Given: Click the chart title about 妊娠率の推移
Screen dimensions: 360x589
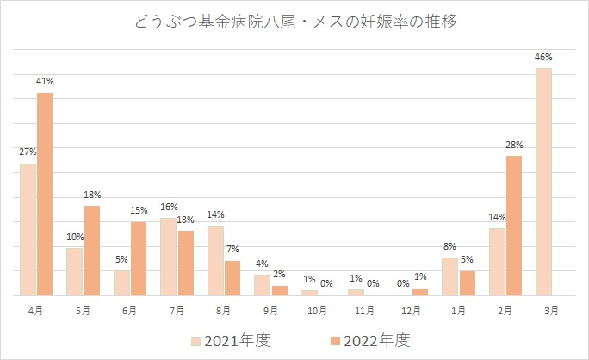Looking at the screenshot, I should [294, 22].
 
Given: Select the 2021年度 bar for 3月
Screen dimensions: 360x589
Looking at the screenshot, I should [543, 182].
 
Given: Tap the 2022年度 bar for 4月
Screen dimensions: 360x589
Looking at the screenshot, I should [45, 194].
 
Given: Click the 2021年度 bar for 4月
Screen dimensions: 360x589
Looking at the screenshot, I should [28, 229].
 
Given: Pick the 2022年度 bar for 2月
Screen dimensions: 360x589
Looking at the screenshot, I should [513, 226].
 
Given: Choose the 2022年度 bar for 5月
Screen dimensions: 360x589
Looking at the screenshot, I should [92, 251].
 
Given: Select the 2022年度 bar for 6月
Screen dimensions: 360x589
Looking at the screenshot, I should [139, 258].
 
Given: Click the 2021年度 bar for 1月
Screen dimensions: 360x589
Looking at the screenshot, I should [449, 276].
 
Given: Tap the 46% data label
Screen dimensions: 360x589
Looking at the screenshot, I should [543, 58].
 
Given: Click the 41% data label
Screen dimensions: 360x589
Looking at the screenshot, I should [46, 82].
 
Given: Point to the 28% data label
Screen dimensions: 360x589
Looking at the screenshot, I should [515, 145].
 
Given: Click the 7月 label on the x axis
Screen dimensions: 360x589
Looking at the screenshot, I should [177, 309].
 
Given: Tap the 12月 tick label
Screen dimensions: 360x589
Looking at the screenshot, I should [411, 309].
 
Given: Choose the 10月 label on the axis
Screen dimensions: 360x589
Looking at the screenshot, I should [317, 309].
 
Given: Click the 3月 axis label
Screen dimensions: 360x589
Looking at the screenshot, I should [552, 309].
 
